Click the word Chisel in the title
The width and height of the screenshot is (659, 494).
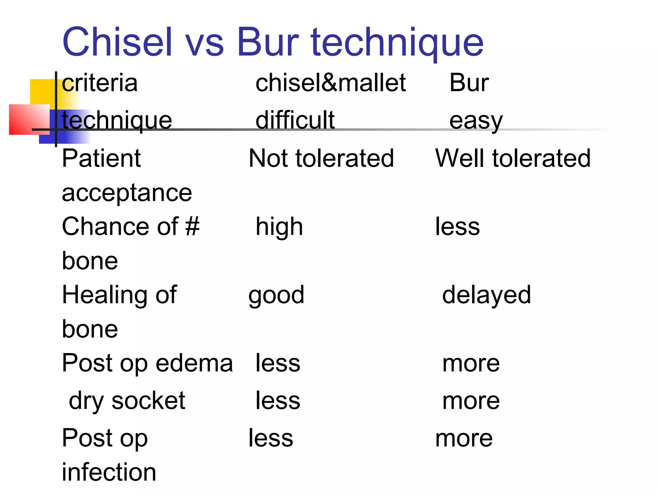click(117, 42)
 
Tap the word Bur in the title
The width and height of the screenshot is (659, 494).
click(268, 42)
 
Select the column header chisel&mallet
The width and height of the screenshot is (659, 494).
click(330, 83)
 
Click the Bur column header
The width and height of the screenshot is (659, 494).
click(469, 83)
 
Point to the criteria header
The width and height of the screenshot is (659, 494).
click(100, 83)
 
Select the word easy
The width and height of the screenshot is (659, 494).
click(476, 121)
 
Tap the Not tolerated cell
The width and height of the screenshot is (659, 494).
click(321, 158)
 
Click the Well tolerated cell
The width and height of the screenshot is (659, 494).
click(513, 158)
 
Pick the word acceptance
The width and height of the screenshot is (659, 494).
click(127, 193)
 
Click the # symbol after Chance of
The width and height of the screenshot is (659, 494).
click(192, 226)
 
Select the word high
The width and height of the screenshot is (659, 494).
click(279, 227)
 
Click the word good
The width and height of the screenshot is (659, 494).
click(276, 295)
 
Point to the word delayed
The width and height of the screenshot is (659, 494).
click(486, 295)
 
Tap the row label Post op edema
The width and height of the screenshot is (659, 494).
click(147, 363)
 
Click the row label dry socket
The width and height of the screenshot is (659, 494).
click(127, 401)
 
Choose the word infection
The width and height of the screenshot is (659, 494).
click(109, 472)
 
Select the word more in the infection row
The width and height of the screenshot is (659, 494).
click(464, 438)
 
